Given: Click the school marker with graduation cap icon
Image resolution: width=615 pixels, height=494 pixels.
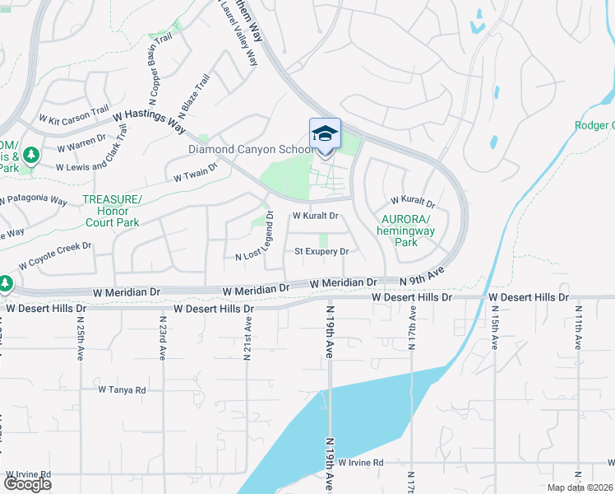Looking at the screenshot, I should pyautogui.click(x=325, y=134).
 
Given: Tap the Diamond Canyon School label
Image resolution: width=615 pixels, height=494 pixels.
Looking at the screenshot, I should pyautogui.click(x=251, y=149).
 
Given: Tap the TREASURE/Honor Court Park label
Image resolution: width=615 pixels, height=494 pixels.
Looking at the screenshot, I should pyautogui.click(x=112, y=211).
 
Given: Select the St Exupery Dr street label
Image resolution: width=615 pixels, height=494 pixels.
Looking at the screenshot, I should pyautogui.click(x=321, y=251).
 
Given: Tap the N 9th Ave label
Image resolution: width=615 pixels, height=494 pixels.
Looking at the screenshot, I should pyautogui.click(x=422, y=275).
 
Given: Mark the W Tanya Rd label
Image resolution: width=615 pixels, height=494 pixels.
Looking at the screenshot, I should pyautogui.click(x=122, y=389).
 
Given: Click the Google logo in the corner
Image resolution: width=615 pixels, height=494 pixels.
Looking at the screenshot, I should pyautogui.click(x=27, y=483).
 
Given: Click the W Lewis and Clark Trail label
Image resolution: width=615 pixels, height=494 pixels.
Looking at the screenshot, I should pyautogui.click(x=101, y=161).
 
